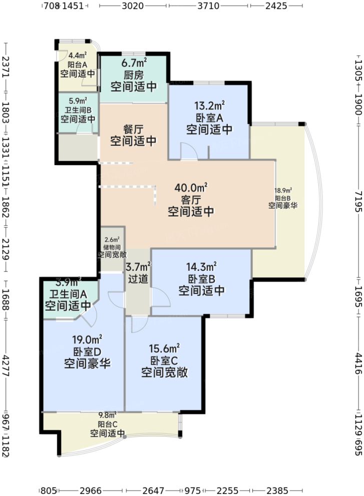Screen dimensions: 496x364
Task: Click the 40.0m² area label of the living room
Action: coord(191,188)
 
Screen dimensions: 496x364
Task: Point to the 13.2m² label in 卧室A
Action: coord(209,106)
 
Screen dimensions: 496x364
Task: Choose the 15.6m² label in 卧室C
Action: coord(164,348)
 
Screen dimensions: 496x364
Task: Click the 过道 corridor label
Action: coord(138,279)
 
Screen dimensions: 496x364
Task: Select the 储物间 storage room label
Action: coord(112,247)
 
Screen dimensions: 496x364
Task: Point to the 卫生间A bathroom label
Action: coord(68,293)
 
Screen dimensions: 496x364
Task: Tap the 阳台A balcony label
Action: coord(78,64)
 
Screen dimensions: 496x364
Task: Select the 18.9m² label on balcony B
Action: coord(283,191)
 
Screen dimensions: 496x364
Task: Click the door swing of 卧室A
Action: coord(187,151)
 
